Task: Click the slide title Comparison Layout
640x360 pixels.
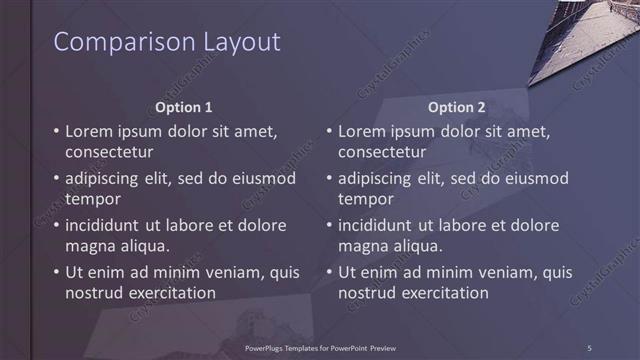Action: point(166,42)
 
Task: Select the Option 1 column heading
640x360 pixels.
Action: point(185,107)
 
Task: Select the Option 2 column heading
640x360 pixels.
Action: point(457,107)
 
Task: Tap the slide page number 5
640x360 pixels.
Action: point(590,347)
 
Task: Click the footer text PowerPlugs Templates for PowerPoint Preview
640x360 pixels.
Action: point(320,347)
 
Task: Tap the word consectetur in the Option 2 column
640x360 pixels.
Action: point(382,153)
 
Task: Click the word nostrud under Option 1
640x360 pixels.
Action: point(93,293)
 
